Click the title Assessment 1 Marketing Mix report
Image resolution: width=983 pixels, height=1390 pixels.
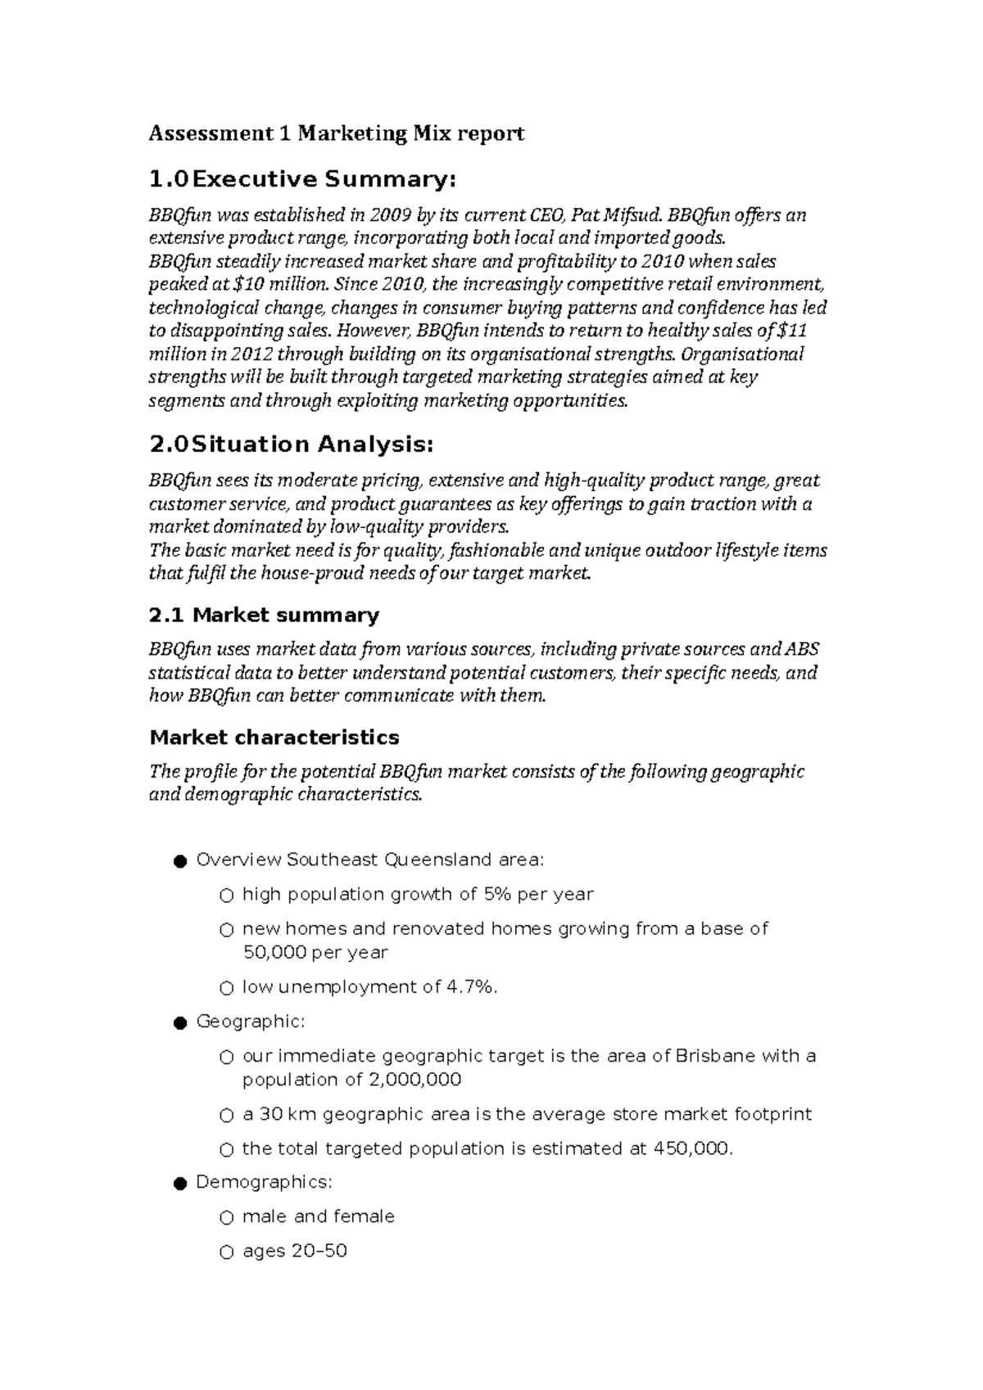(336, 133)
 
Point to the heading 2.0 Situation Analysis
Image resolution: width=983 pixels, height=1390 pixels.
(290, 445)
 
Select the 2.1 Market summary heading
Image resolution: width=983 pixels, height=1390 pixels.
(264, 616)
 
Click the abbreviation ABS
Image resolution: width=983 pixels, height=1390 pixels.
(804, 650)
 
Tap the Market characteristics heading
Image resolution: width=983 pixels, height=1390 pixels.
(274, 738)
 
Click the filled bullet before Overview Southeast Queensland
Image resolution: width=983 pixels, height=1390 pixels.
(179, 861)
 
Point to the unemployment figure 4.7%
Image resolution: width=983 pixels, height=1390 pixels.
(471, 987)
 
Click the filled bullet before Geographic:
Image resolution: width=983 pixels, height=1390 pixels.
(179, 1022)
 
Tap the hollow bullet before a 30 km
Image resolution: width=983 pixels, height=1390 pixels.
(226, 1116)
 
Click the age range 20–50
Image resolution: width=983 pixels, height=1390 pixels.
(319, 1252)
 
